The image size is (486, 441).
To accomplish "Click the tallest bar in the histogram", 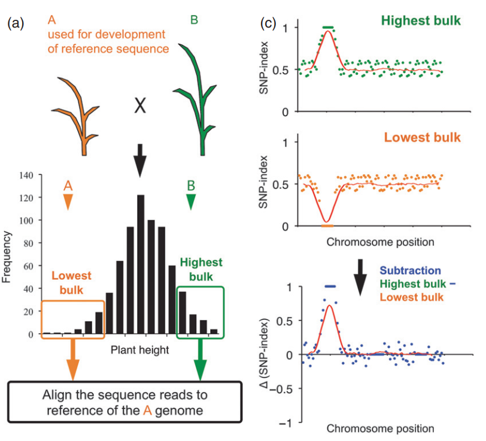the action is point(141,264).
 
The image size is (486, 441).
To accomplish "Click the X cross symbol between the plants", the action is point(140,105).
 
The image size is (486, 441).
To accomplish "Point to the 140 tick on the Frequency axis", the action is point(26,176).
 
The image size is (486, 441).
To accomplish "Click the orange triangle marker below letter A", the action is point(68,202).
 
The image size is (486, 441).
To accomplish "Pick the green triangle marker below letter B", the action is point(191,202).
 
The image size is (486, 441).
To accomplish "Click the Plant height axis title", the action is point(140,350).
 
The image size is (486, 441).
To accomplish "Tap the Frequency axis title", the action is point(6,257).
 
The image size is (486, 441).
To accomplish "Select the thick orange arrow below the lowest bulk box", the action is point(73,360).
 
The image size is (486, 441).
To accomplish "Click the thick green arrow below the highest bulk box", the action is point(201,360).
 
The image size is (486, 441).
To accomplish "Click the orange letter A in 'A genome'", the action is point(147,410).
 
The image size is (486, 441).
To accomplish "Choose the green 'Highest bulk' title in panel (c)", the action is point(421,21).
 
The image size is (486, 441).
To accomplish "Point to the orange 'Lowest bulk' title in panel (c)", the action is point(423,137).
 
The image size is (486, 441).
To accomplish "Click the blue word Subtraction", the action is point(410,271).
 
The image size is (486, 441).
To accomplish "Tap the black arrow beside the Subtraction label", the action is point(360,277).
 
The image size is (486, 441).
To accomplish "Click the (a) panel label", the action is point(16,23).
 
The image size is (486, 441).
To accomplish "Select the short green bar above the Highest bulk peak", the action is point(328,28).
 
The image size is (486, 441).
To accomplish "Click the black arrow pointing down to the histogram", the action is point(140,161).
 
